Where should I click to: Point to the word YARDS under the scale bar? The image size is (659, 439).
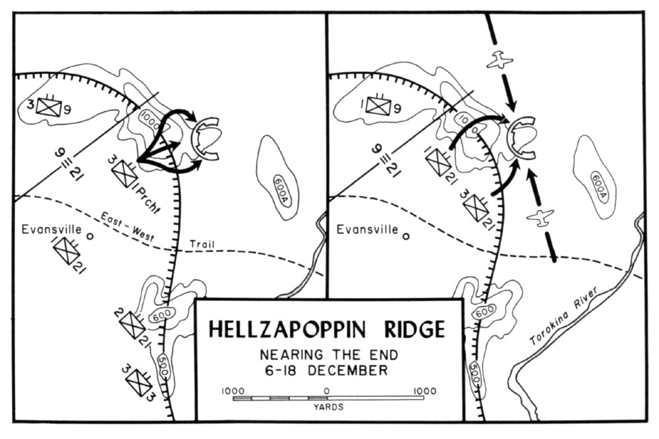coord(328,407)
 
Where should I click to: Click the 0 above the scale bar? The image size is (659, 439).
coord(327,391)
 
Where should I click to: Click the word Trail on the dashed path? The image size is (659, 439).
coord(202,244)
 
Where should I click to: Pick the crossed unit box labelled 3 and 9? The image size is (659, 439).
coord(48,106)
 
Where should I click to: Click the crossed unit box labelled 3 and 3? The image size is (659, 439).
coord(138,382)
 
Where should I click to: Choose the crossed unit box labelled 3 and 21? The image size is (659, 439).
coord(476,206)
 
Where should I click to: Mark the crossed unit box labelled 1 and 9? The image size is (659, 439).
coord(378,105)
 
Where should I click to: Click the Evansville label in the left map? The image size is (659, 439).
coord(51,229)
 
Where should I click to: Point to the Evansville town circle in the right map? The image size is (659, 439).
coord(406,237)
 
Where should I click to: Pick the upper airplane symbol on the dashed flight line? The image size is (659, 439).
coord(500,60)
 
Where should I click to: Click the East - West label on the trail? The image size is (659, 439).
coord(127,226)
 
